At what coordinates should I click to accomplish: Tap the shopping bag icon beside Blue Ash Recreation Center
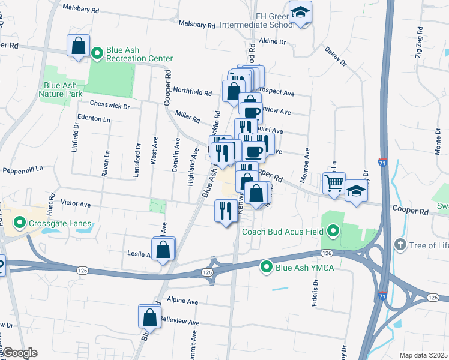point(79,46)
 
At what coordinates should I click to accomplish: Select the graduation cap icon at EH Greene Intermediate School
point(300,12)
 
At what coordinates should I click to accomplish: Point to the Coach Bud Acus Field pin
point(332,231)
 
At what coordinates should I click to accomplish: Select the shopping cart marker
point(334,183)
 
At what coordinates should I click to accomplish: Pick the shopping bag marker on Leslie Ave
point(163,248)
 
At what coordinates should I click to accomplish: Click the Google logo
point(19,353)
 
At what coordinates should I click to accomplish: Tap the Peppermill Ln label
point(23,170)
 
